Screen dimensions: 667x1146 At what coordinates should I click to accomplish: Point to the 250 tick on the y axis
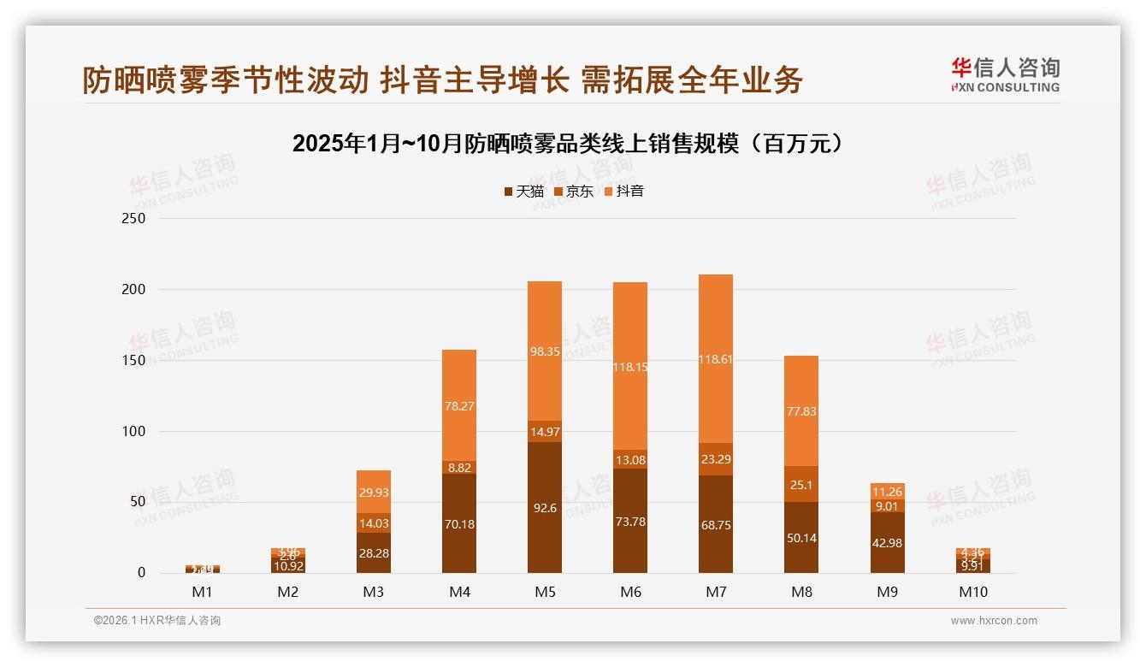click(133, 219)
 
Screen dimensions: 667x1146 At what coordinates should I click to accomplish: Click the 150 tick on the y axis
click(133, 360)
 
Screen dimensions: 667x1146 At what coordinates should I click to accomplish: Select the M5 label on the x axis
click(544, 592)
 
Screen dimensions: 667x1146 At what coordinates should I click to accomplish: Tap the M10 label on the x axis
click(972, 592)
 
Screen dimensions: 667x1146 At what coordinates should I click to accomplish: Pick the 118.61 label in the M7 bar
click(716, 360)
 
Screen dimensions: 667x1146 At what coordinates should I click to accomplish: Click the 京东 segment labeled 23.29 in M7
click(716, 459)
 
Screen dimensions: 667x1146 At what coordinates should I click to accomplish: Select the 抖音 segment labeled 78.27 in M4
click(459, 406)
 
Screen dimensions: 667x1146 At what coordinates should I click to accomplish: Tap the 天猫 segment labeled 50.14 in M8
click(801, 537)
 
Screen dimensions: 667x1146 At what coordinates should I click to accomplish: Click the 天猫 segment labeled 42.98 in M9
click(887, 543)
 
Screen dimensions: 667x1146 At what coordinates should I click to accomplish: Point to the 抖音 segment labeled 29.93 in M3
click(374, 493)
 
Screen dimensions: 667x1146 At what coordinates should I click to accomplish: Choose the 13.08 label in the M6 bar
click(630, 460)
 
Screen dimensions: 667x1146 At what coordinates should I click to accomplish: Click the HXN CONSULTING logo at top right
click(1005, 75)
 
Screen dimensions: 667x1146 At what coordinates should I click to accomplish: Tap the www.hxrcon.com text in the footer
click(994, 621)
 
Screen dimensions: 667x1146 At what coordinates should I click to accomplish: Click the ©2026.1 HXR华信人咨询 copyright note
click(157, 621)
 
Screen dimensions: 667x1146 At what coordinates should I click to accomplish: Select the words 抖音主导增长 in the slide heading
click(475, 80)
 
